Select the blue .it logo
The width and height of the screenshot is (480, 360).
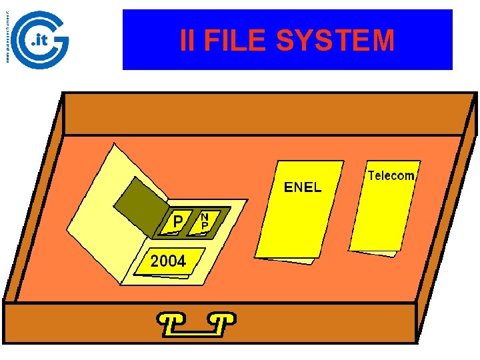click(41, 40)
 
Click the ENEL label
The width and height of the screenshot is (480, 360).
click(303, 187)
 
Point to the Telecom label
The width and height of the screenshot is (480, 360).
click(391, 176)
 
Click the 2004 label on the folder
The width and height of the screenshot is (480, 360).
click(168, 261)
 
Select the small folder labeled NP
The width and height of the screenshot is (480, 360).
click(205, 221)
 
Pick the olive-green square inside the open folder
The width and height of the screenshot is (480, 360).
click(139, 200)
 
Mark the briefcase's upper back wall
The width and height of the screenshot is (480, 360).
click(267, 113)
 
